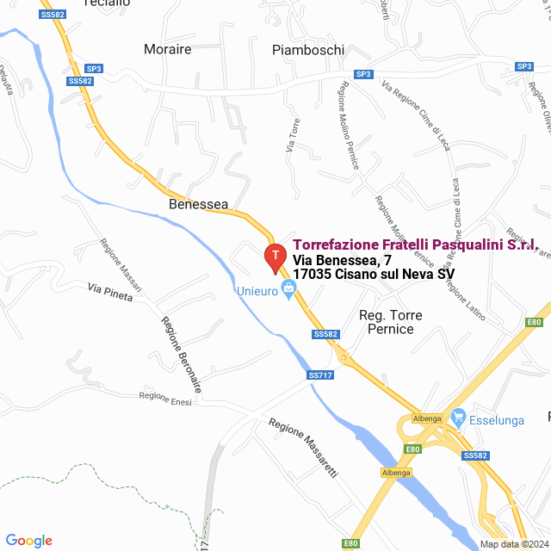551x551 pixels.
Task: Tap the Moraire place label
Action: [x=168, y=49]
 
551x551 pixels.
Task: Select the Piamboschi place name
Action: [x=308, y=49]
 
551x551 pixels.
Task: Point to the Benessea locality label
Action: [x=199, y=204]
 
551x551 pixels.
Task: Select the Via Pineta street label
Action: [x=109, y=290]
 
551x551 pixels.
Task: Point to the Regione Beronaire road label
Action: [x=181, y=355]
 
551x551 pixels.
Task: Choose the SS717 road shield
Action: [x=319, y=375]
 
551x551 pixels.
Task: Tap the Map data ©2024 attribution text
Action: [x=514, y=544]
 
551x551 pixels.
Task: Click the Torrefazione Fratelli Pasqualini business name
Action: [x=415, y=245]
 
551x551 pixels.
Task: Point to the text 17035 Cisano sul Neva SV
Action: [x=374, y=274]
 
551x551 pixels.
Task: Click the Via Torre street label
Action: [x=293, y=136]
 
